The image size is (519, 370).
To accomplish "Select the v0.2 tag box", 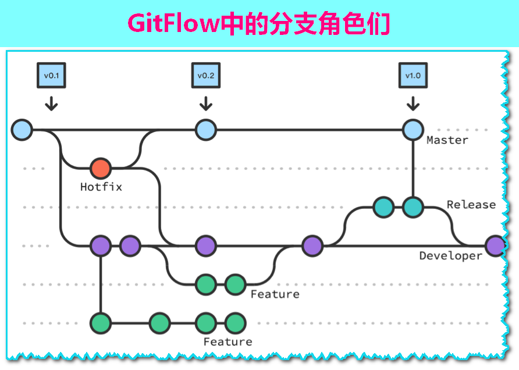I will click(x=205, y=76).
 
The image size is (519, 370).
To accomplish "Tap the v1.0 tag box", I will click(x=413, y=76).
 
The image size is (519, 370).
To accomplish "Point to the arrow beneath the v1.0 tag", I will click(x=413, y=103).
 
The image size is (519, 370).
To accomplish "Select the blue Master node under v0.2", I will click(x=205, y=130).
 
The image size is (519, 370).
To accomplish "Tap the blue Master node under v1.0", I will click(x=413, y=130).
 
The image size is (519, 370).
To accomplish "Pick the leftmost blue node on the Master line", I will click(x=22, y=130).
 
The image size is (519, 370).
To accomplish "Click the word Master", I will click(x=447, y=140).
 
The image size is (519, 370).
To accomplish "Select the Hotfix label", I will click(x=101, y=187).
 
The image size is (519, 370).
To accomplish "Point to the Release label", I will click(x=471, y=205).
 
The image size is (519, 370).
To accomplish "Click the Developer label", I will click(x=451, y=256).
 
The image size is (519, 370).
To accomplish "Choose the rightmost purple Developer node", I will click(x=495, y=246).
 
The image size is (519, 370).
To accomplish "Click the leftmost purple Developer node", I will click(x=101, y=246).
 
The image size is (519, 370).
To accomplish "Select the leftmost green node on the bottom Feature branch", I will click(x=101, y=322).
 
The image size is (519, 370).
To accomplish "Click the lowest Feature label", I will click(x=227, y=341).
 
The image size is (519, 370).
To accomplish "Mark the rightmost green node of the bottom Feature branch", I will click(x=235, y=322).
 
